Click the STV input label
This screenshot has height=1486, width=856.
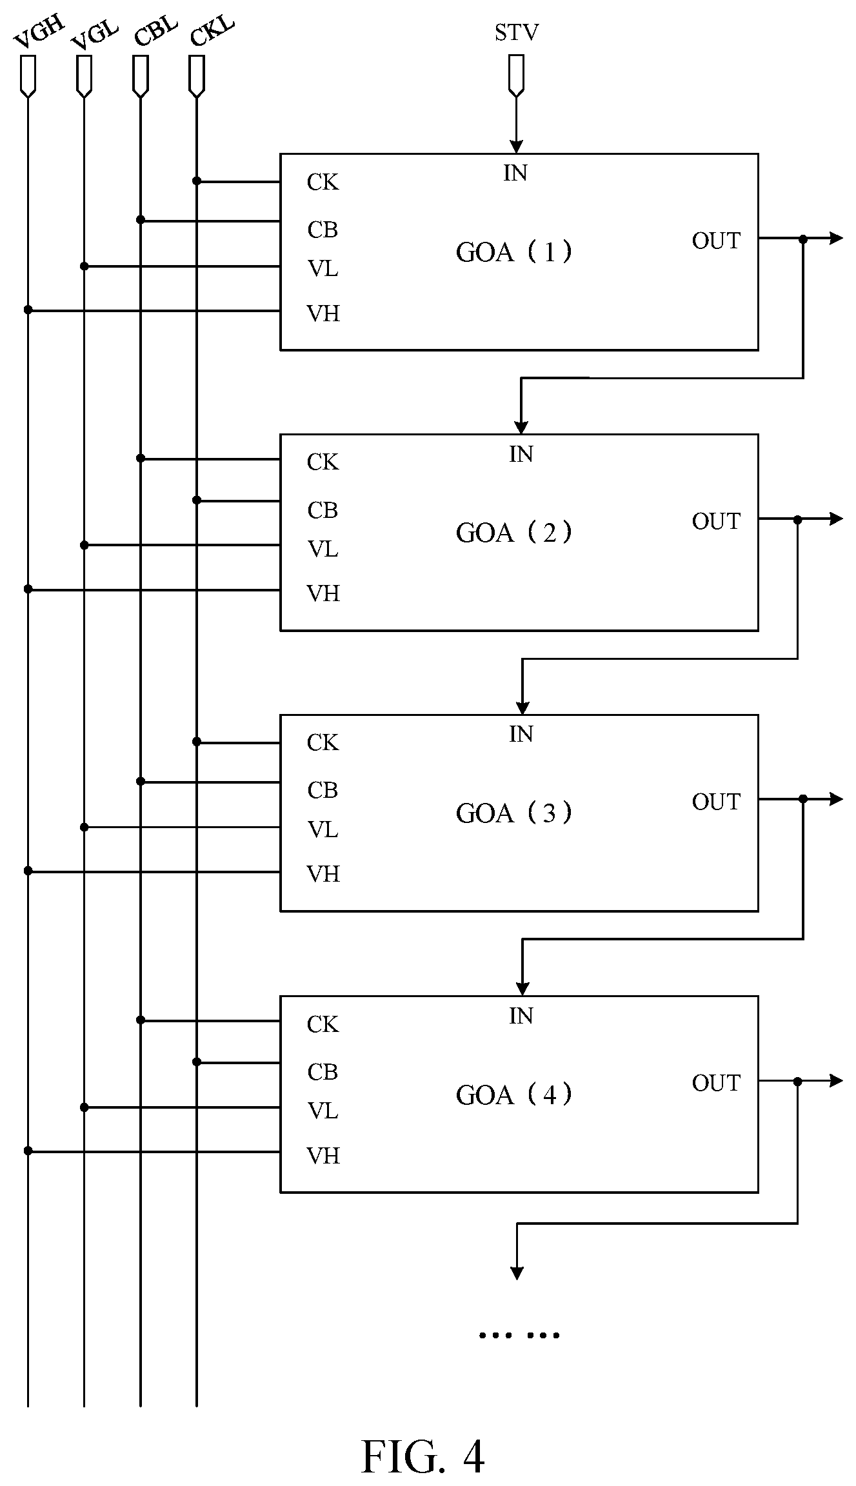[x=516, y=32]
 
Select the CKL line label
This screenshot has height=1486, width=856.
[x=212, y=32]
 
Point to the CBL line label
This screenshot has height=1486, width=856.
[x=155, y=32]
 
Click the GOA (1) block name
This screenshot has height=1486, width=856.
[x=514, y=252]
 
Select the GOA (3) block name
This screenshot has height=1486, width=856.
[x=514, y=813]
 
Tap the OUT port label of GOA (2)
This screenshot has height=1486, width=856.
[x=716, y=521]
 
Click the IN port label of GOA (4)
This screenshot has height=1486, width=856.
[x=521, y=1016]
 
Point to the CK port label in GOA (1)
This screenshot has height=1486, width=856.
[x=323, y=183]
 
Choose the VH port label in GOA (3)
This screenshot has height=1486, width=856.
[x=323, y=874]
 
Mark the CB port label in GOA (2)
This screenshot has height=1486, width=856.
[x=323, y=510]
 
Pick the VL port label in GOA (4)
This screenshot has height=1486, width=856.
[x=323, y=1111]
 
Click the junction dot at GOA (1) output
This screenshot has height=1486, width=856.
[x=803, y=239]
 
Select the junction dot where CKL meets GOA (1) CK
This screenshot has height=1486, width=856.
[x=197, y=181]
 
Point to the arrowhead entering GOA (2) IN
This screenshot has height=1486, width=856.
[x=521, y=427]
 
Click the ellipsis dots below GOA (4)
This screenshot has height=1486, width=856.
[x=519, y=1334]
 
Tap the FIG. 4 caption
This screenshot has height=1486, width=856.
[x=423, y=1456]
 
